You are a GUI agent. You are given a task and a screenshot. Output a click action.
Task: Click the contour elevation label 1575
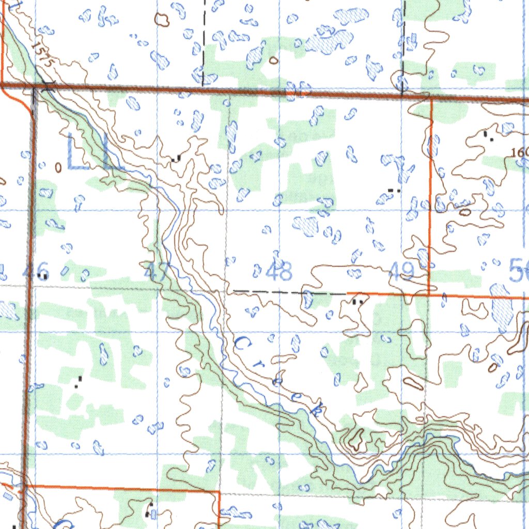(43, 53)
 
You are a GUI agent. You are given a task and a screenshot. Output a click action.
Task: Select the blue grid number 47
(155, 271)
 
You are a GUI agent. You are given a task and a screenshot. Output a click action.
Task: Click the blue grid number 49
(400, 271)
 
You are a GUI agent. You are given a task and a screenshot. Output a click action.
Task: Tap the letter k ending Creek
(317, 408)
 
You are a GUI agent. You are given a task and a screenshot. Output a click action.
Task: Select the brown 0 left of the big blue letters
(58, 167)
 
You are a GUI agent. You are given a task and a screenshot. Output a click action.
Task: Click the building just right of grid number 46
(45, 277)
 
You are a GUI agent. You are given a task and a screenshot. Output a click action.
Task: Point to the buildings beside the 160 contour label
(488, 136)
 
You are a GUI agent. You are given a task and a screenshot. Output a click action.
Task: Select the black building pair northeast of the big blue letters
(176, 158)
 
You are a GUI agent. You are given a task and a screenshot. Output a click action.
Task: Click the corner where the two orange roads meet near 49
(429, 295)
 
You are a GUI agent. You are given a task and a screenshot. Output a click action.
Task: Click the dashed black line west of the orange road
(289, 292)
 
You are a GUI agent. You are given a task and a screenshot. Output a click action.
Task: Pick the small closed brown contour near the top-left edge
(162, 20)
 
